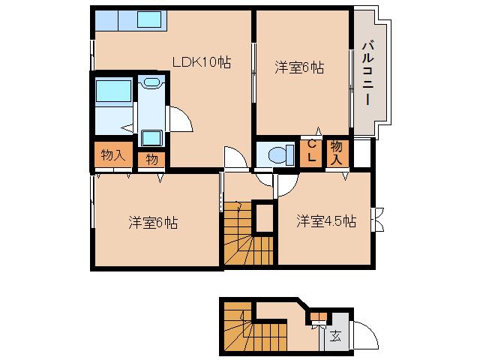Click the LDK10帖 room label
click(x=201, y=63)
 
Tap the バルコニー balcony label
click(x=367, y=73)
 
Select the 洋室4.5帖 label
click(x=325, y=221)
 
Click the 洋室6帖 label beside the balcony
click(x=298, y=67)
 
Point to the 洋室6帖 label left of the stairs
click(x=152, y=223)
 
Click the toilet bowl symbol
click(x=277, y=154)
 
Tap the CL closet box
click(x=310, y=152)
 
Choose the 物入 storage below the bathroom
click(x=112, y=155)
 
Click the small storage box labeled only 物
click(x=151, y=158)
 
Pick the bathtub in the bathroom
click(x=112, y=93)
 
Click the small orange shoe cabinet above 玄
click(x=319, y=315)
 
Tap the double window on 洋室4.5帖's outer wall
click(x=378, y=217)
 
